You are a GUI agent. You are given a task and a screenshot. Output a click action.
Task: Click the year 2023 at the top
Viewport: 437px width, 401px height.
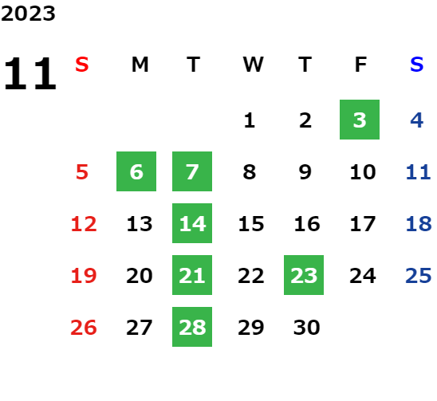(x=28, y=14)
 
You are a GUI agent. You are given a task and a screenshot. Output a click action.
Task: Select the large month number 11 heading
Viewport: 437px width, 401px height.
(x=30, y=73)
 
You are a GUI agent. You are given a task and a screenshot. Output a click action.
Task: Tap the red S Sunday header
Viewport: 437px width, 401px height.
(x=82, y=65)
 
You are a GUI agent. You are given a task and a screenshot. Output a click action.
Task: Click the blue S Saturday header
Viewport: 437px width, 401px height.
(x=416, y=65)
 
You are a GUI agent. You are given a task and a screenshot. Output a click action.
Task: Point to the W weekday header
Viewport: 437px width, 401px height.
(x=253, y=65)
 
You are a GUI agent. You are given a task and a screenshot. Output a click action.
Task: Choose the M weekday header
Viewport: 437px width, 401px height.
(x=140, y=65)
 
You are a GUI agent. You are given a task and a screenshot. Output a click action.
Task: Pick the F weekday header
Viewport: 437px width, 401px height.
(x=361, y=65)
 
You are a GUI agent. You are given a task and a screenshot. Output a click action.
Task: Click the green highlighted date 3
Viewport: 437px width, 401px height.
(x=360, y=120)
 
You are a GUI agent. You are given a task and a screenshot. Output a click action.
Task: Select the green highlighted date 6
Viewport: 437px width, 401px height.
(x=136, y=171)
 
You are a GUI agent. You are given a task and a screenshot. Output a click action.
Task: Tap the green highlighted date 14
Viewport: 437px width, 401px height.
(x=192, y=223)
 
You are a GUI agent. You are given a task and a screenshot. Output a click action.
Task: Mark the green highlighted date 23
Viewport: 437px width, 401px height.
(x=304, y=275)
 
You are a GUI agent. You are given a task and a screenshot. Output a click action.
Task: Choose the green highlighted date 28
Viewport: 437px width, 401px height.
(x=192, y=327)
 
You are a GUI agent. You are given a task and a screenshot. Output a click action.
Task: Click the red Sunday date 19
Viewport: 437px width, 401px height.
(x=84, y=276)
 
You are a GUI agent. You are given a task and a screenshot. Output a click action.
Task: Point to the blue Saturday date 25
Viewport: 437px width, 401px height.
(x=419, y=276)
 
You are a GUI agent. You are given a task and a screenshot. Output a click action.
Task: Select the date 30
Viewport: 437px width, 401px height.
(x=306, y=328)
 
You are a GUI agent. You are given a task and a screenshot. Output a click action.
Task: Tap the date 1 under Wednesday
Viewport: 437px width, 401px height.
(x=249, y=120)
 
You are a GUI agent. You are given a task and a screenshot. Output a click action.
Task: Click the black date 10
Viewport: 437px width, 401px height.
(x=363, y=172)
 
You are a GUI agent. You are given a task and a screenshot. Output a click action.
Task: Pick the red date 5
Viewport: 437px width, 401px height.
(x=82, y=172)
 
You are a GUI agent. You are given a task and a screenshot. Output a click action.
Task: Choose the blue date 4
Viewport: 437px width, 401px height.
(x=416, y=120)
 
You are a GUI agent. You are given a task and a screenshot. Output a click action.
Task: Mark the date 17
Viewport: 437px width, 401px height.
(x=363, y=224)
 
